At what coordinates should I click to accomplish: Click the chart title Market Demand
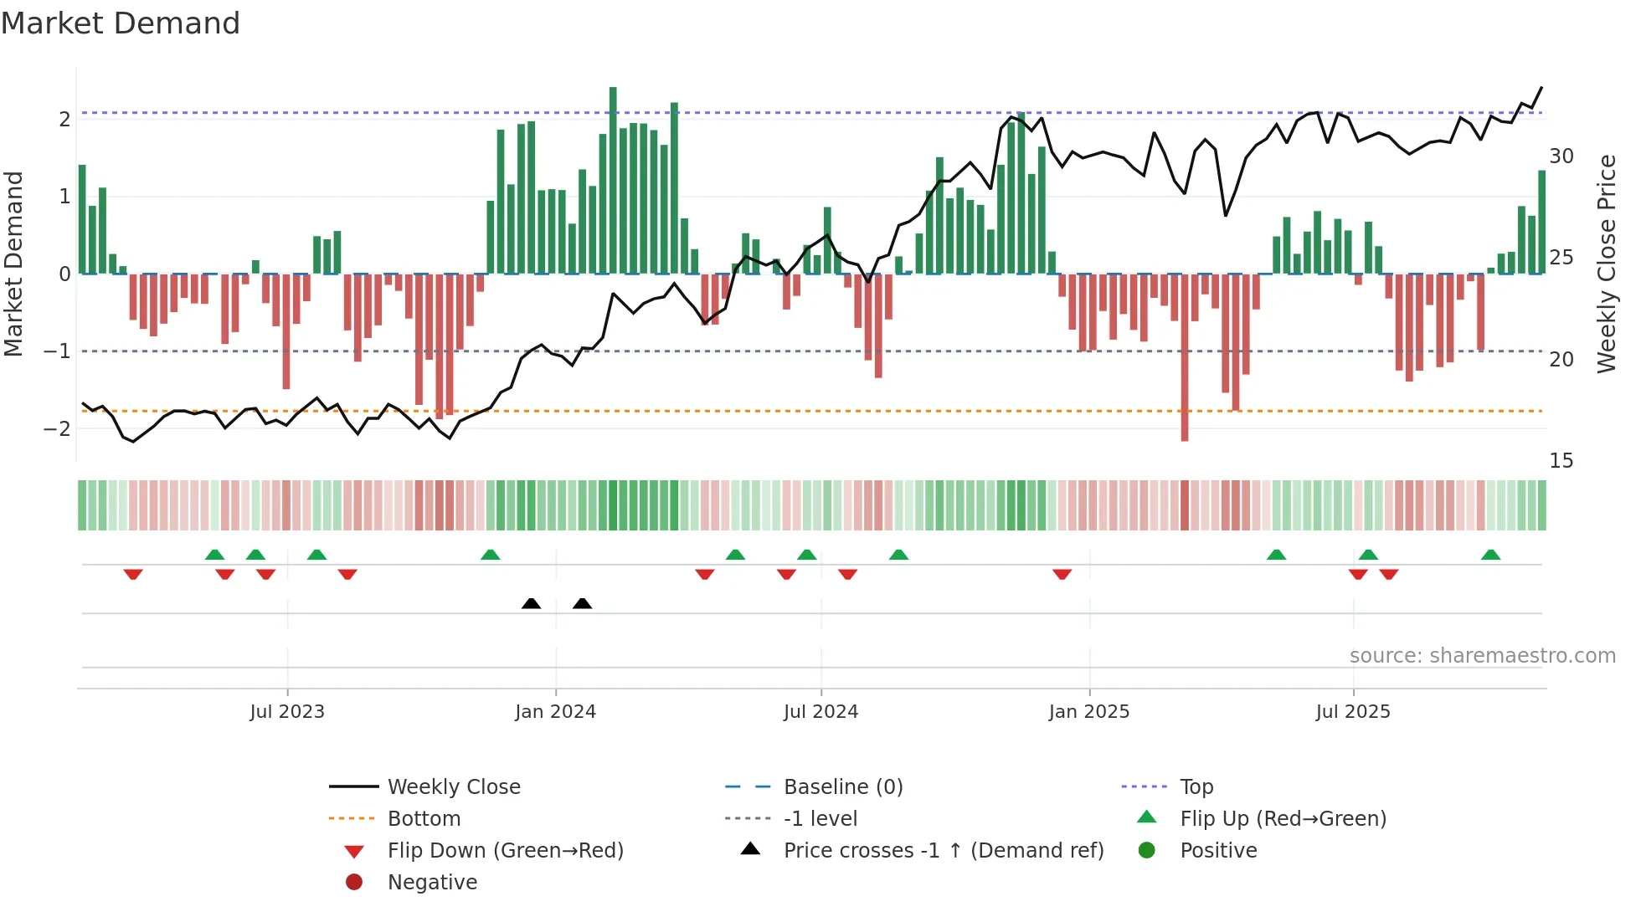click(x=121, y=23)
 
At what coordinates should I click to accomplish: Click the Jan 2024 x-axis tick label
click(x=555, y=712)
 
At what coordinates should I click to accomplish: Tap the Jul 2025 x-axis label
click(x=1352, y=712)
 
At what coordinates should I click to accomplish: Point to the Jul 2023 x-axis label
click(x=286, y=712)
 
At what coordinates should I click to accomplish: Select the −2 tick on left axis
click(x=58, y=429)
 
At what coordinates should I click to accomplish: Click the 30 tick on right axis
click(x=1561, y=156)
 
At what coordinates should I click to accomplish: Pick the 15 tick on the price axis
click(x=1561, y=461)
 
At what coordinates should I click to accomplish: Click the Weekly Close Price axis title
click(x=1606, y=264)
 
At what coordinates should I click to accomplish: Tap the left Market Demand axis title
click(x=14, y=264)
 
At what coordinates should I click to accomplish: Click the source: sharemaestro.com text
click(x=1482, y=656)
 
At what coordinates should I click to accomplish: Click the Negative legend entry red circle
click(x=354, y=883)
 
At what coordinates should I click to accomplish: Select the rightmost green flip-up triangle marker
click(x=1490, y=555)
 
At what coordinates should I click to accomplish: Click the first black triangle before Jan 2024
click(x=531, y=603)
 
